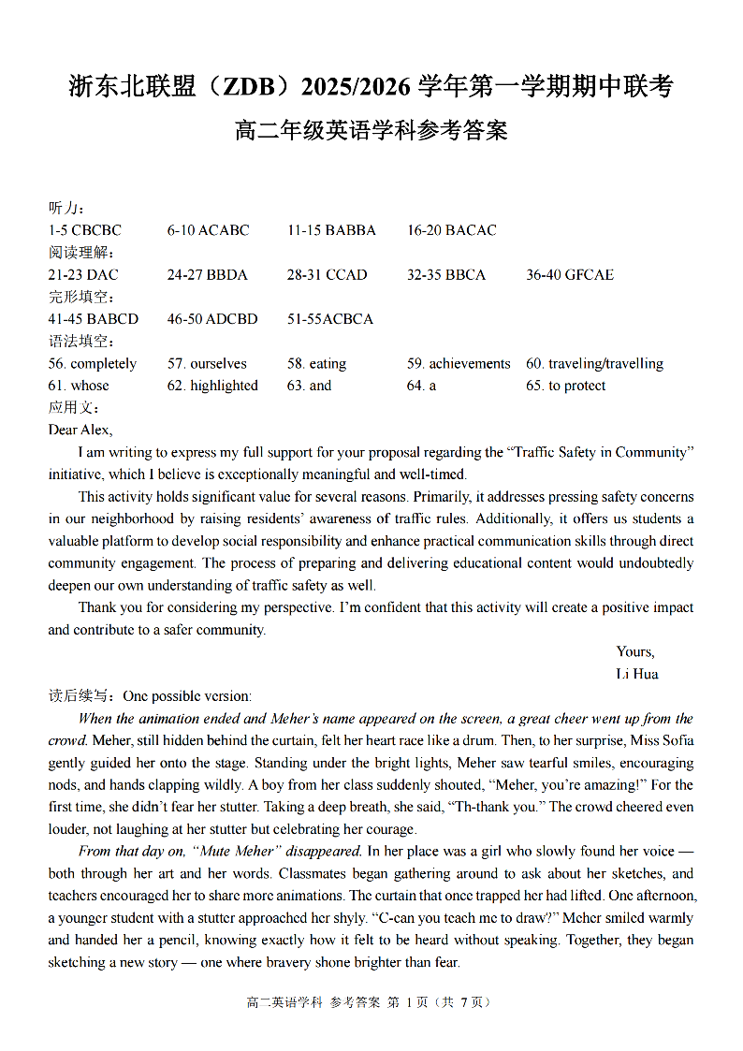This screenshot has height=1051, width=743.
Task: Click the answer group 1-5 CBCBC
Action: (x=84, y=230)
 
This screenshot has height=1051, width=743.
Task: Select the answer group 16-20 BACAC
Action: (x=451, y=230)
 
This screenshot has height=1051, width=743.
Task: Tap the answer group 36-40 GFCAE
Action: (x=570, y=274)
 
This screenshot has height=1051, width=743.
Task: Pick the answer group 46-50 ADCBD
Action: (x=212, y=319)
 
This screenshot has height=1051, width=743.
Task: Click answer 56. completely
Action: (x=93, y=363)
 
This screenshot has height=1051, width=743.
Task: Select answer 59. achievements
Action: (x=459, y=363)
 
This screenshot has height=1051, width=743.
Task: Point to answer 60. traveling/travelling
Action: (x=594, y=363)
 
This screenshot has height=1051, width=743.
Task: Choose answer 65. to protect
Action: (x=565, y=386)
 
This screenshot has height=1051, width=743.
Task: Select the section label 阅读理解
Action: (x=81, y=253)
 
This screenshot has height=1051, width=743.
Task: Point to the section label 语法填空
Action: (x=81, y=342)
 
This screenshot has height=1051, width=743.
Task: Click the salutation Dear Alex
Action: (x=80, y=430)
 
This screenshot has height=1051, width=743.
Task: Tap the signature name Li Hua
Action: (x=636, y=674)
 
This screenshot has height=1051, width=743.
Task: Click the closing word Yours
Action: (x=634, y=651)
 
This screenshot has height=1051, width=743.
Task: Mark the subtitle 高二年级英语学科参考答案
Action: (x=371, y=131)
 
